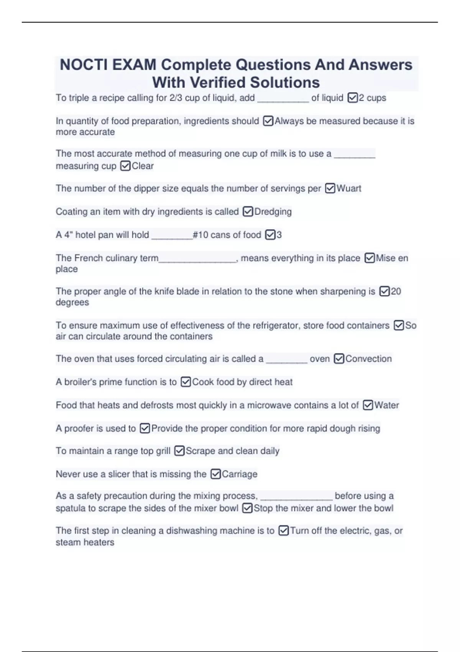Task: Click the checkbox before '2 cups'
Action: point(353,98)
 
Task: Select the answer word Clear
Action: point(143,166)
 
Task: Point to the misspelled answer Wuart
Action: point(349,188)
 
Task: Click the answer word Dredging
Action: point(273,212)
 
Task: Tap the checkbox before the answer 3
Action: point(271,235)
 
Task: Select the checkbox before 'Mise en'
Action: point(370,258)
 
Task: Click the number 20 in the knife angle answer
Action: point(396,291)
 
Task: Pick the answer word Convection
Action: point(368,359)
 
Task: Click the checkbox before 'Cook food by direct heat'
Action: point(186,382)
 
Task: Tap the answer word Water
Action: point(386,405)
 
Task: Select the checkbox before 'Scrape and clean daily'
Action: point(179,451)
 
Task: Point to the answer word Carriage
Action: point(240,474)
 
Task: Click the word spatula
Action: point(71,509)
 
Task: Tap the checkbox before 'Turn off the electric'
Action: point(284,531)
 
